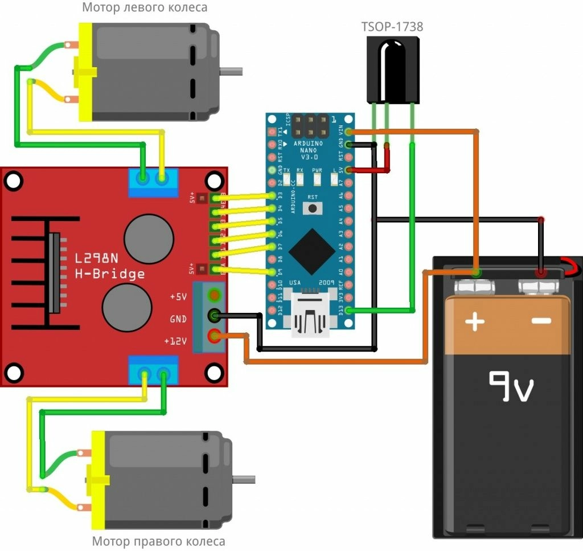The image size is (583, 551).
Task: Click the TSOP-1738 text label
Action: [x=392, y=26]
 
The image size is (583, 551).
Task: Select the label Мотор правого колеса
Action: [x=159, y=541]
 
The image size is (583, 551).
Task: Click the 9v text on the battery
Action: [x=511, y=387]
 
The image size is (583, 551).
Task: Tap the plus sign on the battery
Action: [x=475, y=323]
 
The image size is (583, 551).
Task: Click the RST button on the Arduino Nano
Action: [x=312, y=208]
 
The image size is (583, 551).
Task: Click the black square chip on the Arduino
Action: [x=311, y=251]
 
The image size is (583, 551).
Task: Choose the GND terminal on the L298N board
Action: [x=215, y=315]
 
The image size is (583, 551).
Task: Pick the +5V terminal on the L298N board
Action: [x=215, y=295]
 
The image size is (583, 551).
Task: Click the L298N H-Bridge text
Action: [x=110, y=266]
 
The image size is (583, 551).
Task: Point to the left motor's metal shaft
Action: [x=231, y=72]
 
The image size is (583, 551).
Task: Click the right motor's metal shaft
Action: [x=245, y=479]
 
